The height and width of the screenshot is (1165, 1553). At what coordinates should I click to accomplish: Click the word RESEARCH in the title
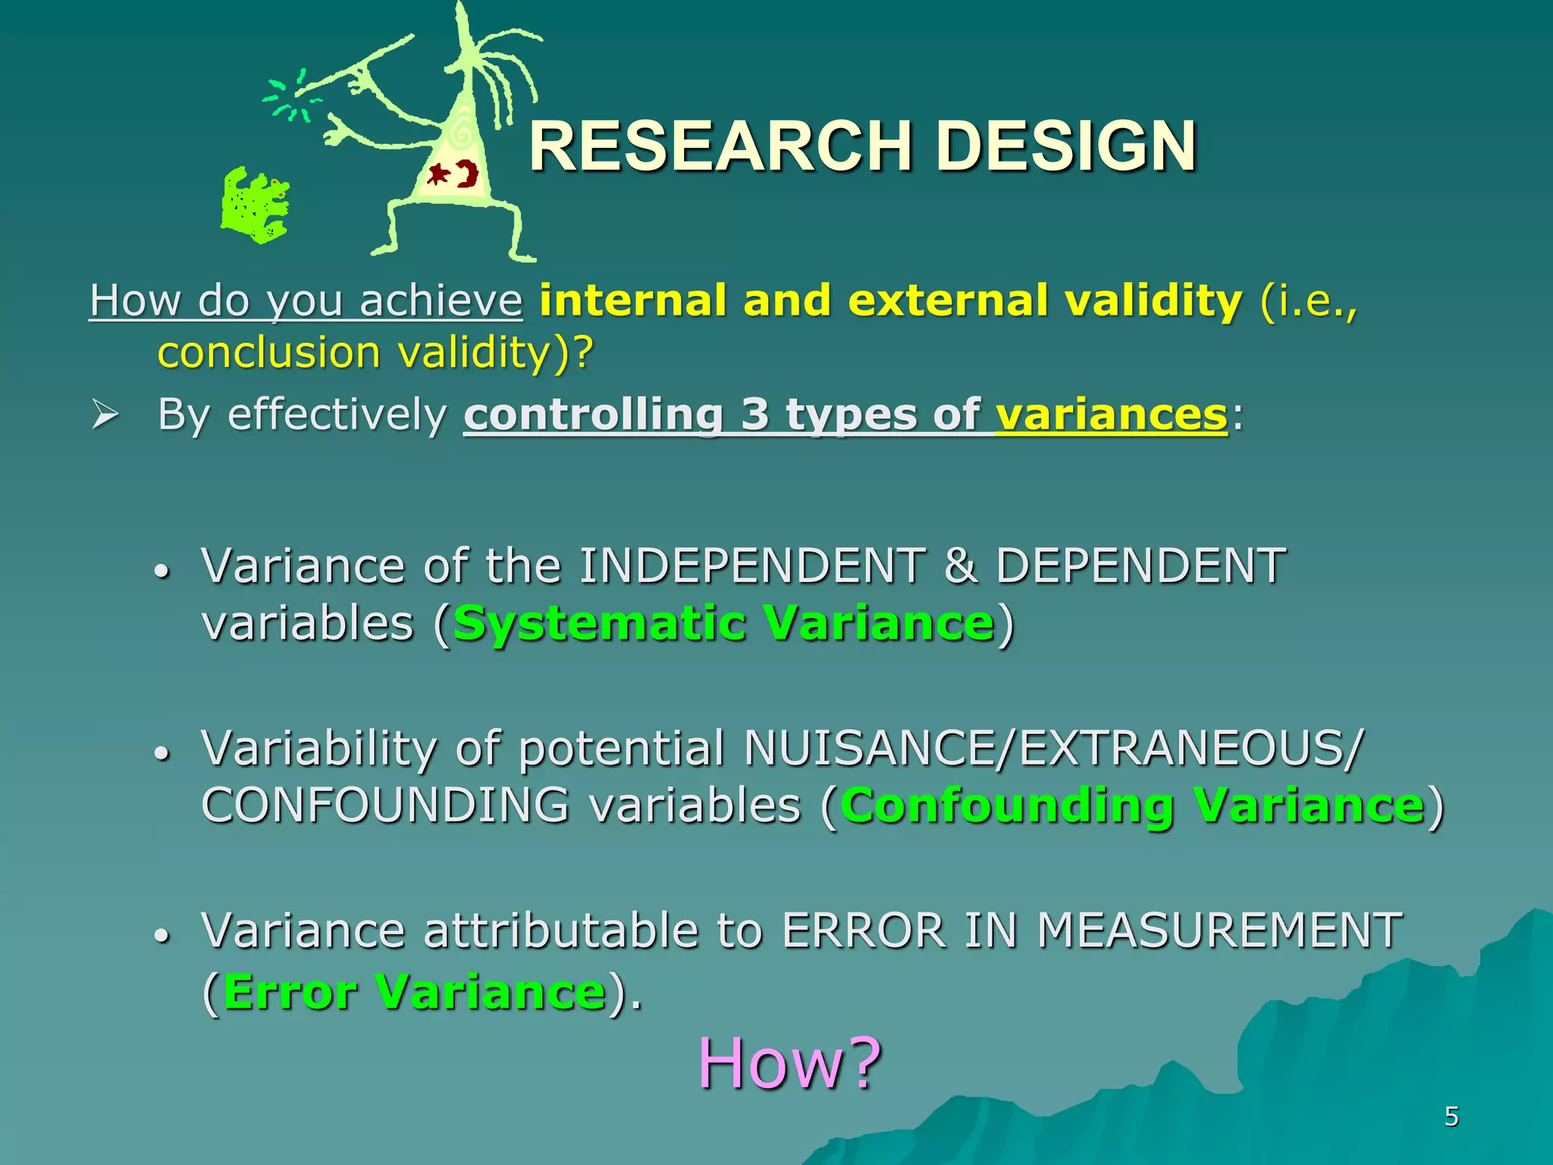719,146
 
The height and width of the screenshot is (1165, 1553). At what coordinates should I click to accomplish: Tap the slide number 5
1451,1116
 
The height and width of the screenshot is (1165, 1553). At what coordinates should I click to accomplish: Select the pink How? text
789,1063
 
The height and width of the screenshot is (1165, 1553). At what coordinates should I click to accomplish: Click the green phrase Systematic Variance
723,623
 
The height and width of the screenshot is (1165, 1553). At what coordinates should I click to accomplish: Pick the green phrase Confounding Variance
1132,805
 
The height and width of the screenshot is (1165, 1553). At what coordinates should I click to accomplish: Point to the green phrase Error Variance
414,991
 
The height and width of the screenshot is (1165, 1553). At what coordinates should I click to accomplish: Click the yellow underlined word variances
1111,415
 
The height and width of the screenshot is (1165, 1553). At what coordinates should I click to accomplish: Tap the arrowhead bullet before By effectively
105,415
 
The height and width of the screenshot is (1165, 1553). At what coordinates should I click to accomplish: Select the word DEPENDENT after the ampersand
1140,566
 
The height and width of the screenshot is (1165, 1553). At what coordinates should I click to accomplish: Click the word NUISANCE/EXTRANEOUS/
1053,749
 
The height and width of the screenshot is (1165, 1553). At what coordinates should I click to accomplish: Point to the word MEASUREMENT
1219,931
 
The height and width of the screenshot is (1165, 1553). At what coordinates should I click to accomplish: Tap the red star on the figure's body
438,175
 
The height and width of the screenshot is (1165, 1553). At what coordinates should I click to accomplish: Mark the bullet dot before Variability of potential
161,754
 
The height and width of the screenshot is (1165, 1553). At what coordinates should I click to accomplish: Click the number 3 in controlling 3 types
755,415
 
